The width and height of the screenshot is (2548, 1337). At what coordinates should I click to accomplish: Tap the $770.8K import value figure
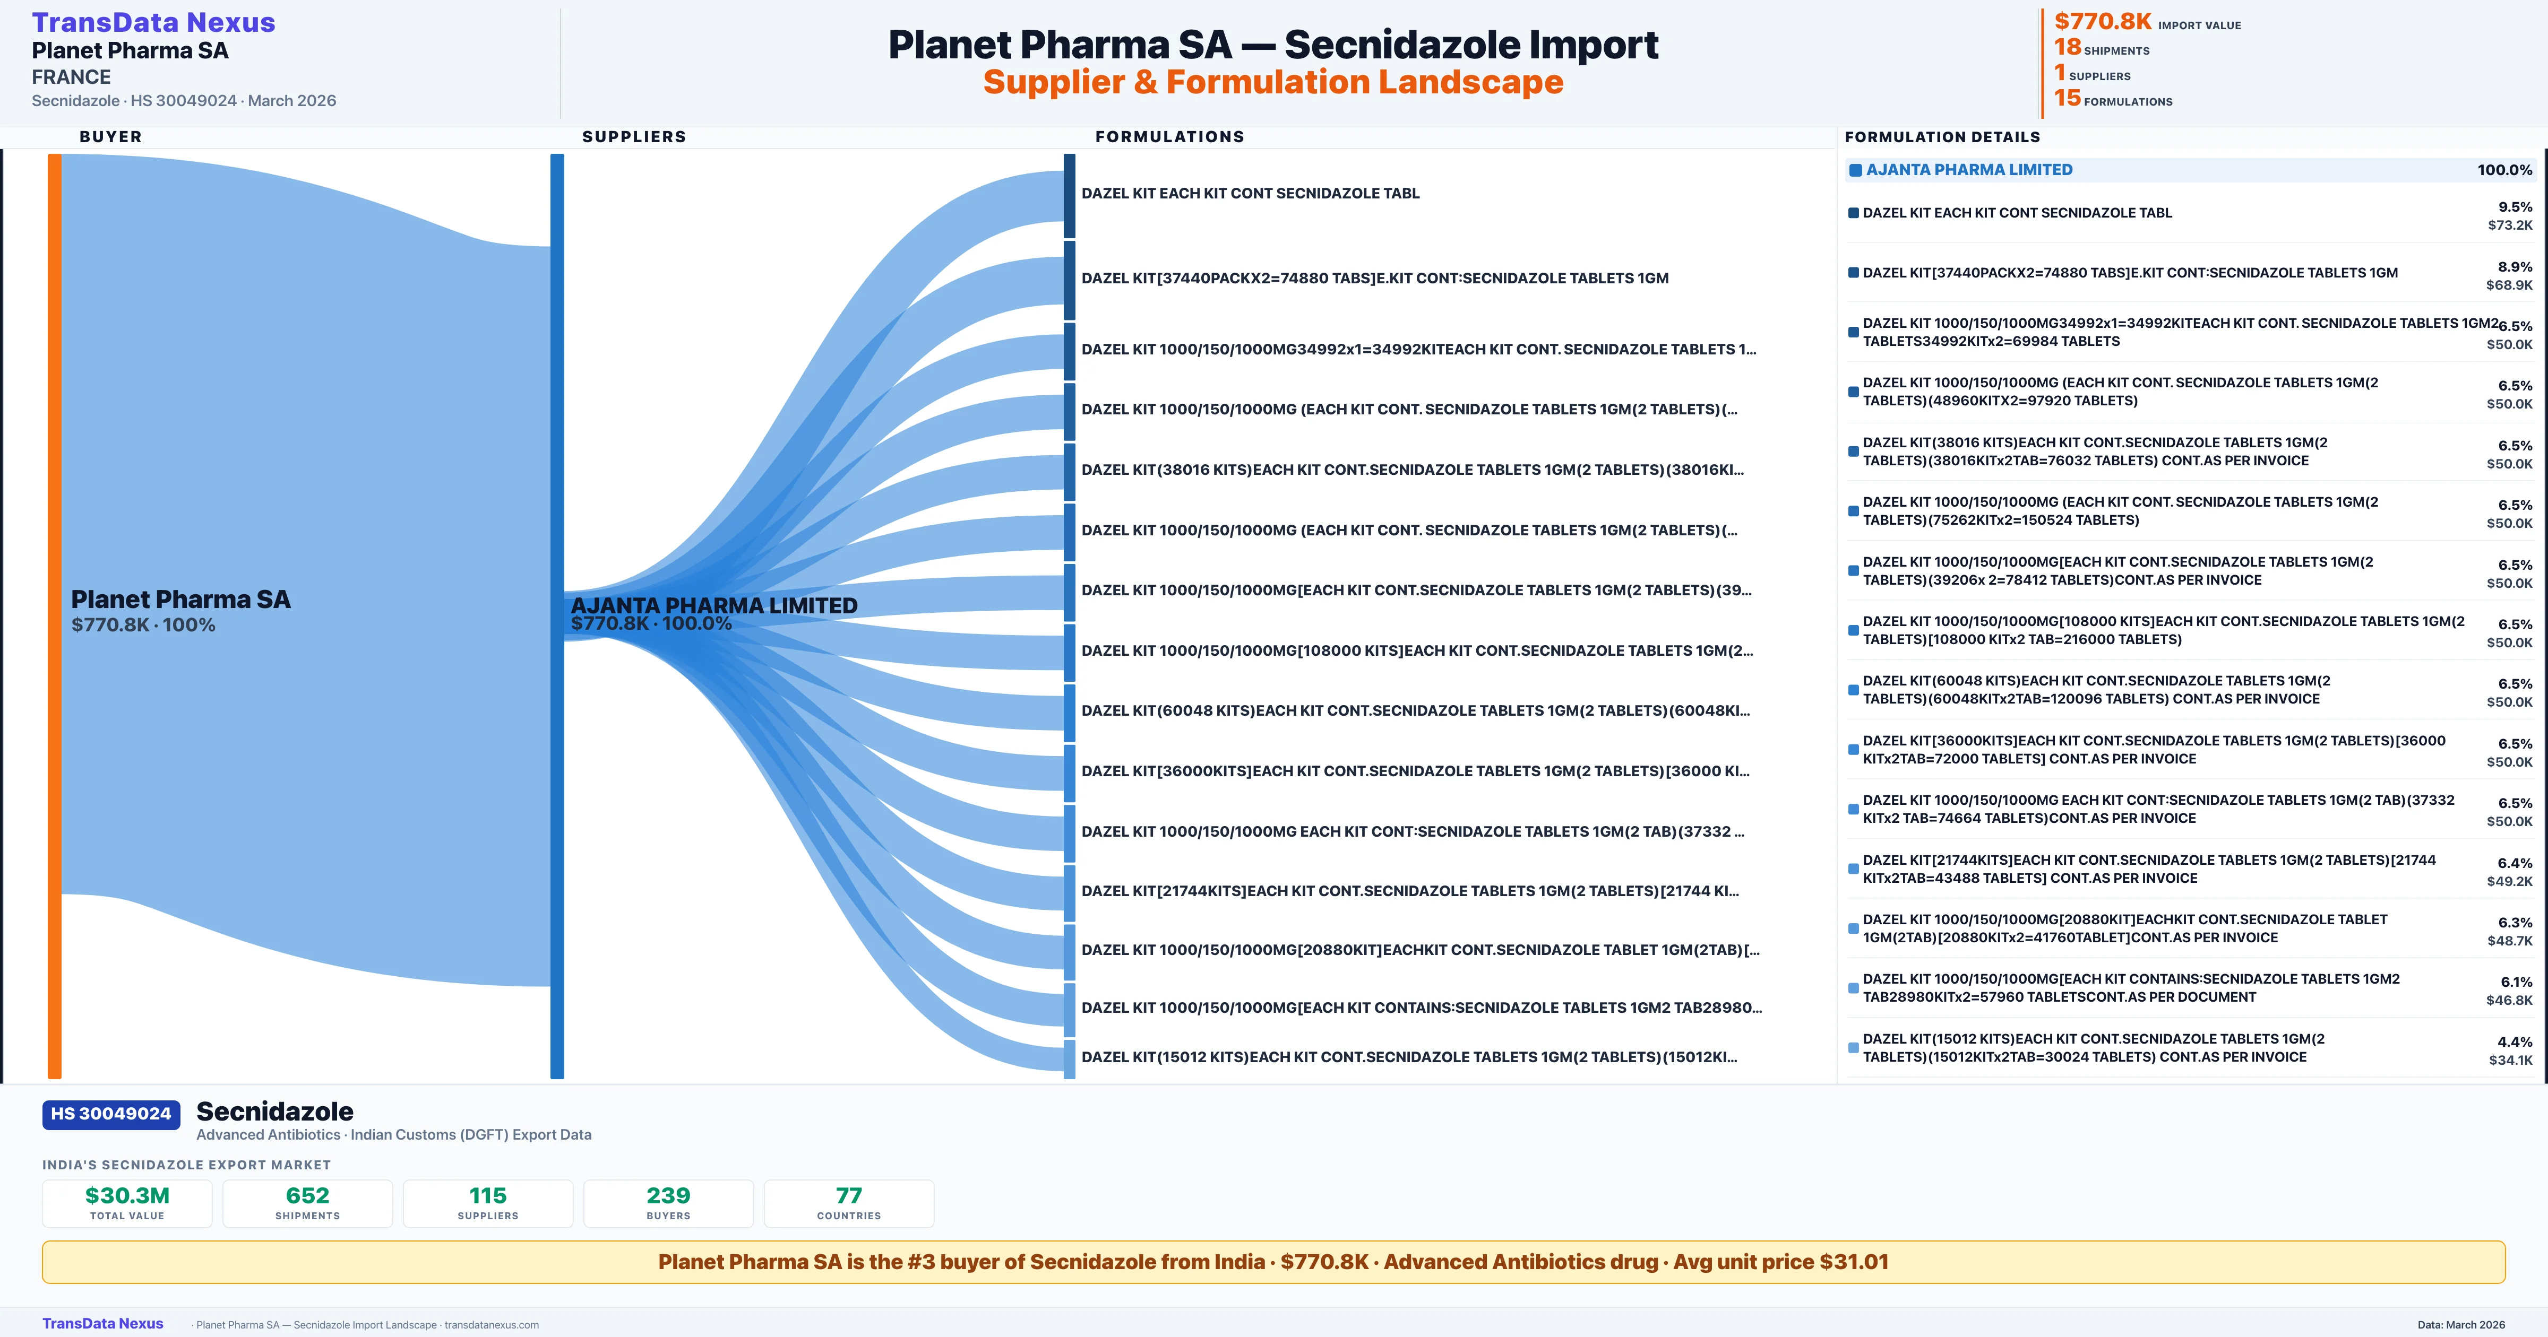tap(2103, 21)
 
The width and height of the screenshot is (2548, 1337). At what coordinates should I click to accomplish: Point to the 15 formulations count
tap(2113, 98)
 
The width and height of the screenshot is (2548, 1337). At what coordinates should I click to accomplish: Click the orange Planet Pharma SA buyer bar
tap(54, 615)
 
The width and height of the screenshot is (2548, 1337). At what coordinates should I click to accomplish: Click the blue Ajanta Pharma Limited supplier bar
tap(557, 615)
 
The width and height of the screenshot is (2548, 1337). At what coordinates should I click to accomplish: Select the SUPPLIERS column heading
tap(634, 136)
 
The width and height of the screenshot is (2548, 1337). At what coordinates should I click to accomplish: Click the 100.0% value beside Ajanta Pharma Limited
tap(2504, 170)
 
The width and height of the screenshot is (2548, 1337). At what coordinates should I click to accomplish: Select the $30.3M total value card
tap(127, 1203)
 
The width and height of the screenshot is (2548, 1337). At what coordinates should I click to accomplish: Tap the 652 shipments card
tap(308, 1203)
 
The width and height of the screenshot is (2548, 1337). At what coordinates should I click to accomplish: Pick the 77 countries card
tap(849, 1203)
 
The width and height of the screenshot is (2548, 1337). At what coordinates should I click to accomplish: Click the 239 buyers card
tap(669, 1203)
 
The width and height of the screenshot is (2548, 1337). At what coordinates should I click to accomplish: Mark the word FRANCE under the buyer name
tap(71, 77)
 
